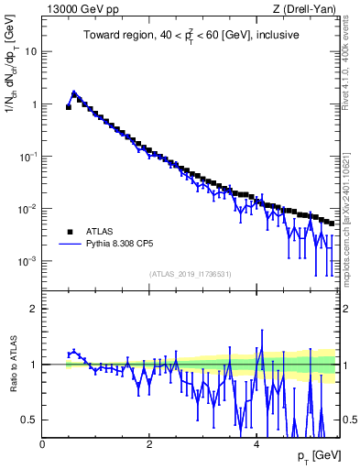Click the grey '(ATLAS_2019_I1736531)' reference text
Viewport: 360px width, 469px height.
point(191,274)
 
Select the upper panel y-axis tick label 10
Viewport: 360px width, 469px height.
point(32,51)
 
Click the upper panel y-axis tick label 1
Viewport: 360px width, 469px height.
point(35,104)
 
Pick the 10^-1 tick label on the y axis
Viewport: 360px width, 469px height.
point(29,156)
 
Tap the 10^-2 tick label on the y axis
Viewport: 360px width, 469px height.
point(29,209)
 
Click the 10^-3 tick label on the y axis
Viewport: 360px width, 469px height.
point(29,261)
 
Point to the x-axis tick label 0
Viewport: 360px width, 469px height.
point(42,443)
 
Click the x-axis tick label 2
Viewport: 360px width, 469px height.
point(149,443)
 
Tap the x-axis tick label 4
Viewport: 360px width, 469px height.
point(256,443)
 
